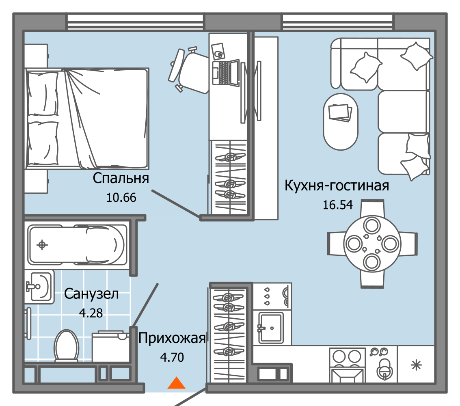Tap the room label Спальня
click(x=121, y=178)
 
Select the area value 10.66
click(x=121, y=198)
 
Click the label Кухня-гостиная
click(x=337, y=186)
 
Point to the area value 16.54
click(x=337, y=205)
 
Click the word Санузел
click(x=91, y=294)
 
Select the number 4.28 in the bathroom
click(x=91, y=313)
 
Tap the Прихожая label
click(x=172, y=338)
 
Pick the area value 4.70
click(x=172, y=357)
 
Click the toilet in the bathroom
click(x=66, y=346)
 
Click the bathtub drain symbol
click(x=42, y=244)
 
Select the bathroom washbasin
click(x=40, y=286)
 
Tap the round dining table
click(x=372, y=244)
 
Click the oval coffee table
click(x=341, y=121)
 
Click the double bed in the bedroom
click(x=87, y=118)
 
